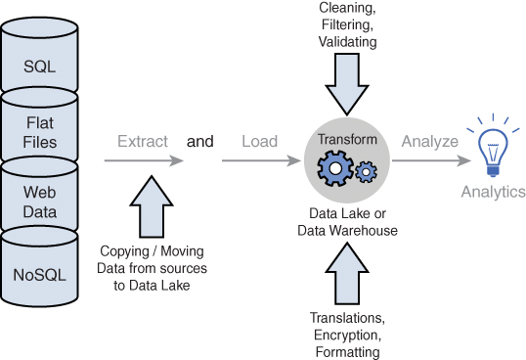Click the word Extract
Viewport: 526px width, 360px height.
143,141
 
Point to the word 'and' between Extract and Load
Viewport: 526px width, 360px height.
199,141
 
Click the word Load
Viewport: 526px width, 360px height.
260,141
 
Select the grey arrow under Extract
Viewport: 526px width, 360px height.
144,160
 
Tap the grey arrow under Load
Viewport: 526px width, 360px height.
261,160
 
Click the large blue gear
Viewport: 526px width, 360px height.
335,168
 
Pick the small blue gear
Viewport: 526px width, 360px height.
366,172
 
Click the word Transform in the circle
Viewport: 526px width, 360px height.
347,139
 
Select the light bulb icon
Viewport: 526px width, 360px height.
493,147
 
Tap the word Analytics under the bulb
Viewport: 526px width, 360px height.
493,192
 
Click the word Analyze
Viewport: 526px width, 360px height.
430,141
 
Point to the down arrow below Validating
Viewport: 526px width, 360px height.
347,84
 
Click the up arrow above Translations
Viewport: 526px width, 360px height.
347,274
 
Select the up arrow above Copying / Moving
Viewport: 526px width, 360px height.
152,206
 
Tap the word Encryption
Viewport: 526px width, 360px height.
347,336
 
